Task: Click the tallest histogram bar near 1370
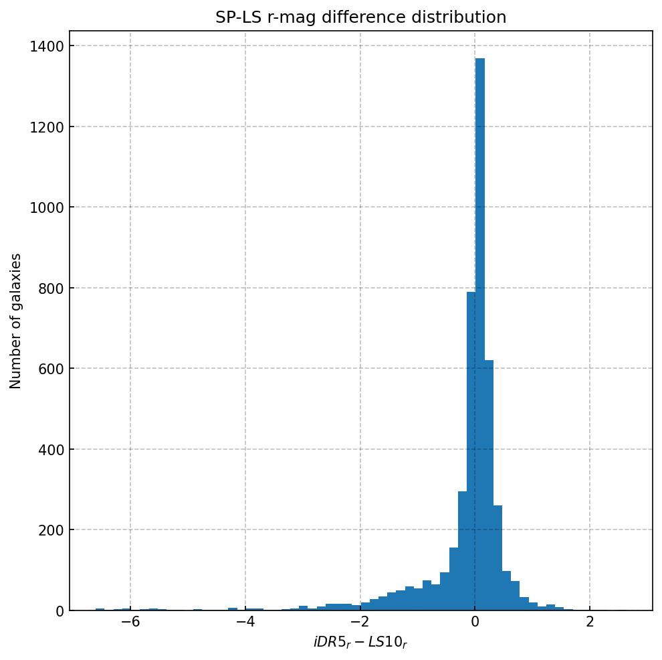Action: (479, 335)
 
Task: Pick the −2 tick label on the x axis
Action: (360, 622)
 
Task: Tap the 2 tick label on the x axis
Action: (590, 622)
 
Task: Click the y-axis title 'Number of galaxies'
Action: (16, 321)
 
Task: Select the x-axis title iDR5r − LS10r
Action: (360, 643)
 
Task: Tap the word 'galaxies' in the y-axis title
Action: (16, 280)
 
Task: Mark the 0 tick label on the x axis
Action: (475, 622)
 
